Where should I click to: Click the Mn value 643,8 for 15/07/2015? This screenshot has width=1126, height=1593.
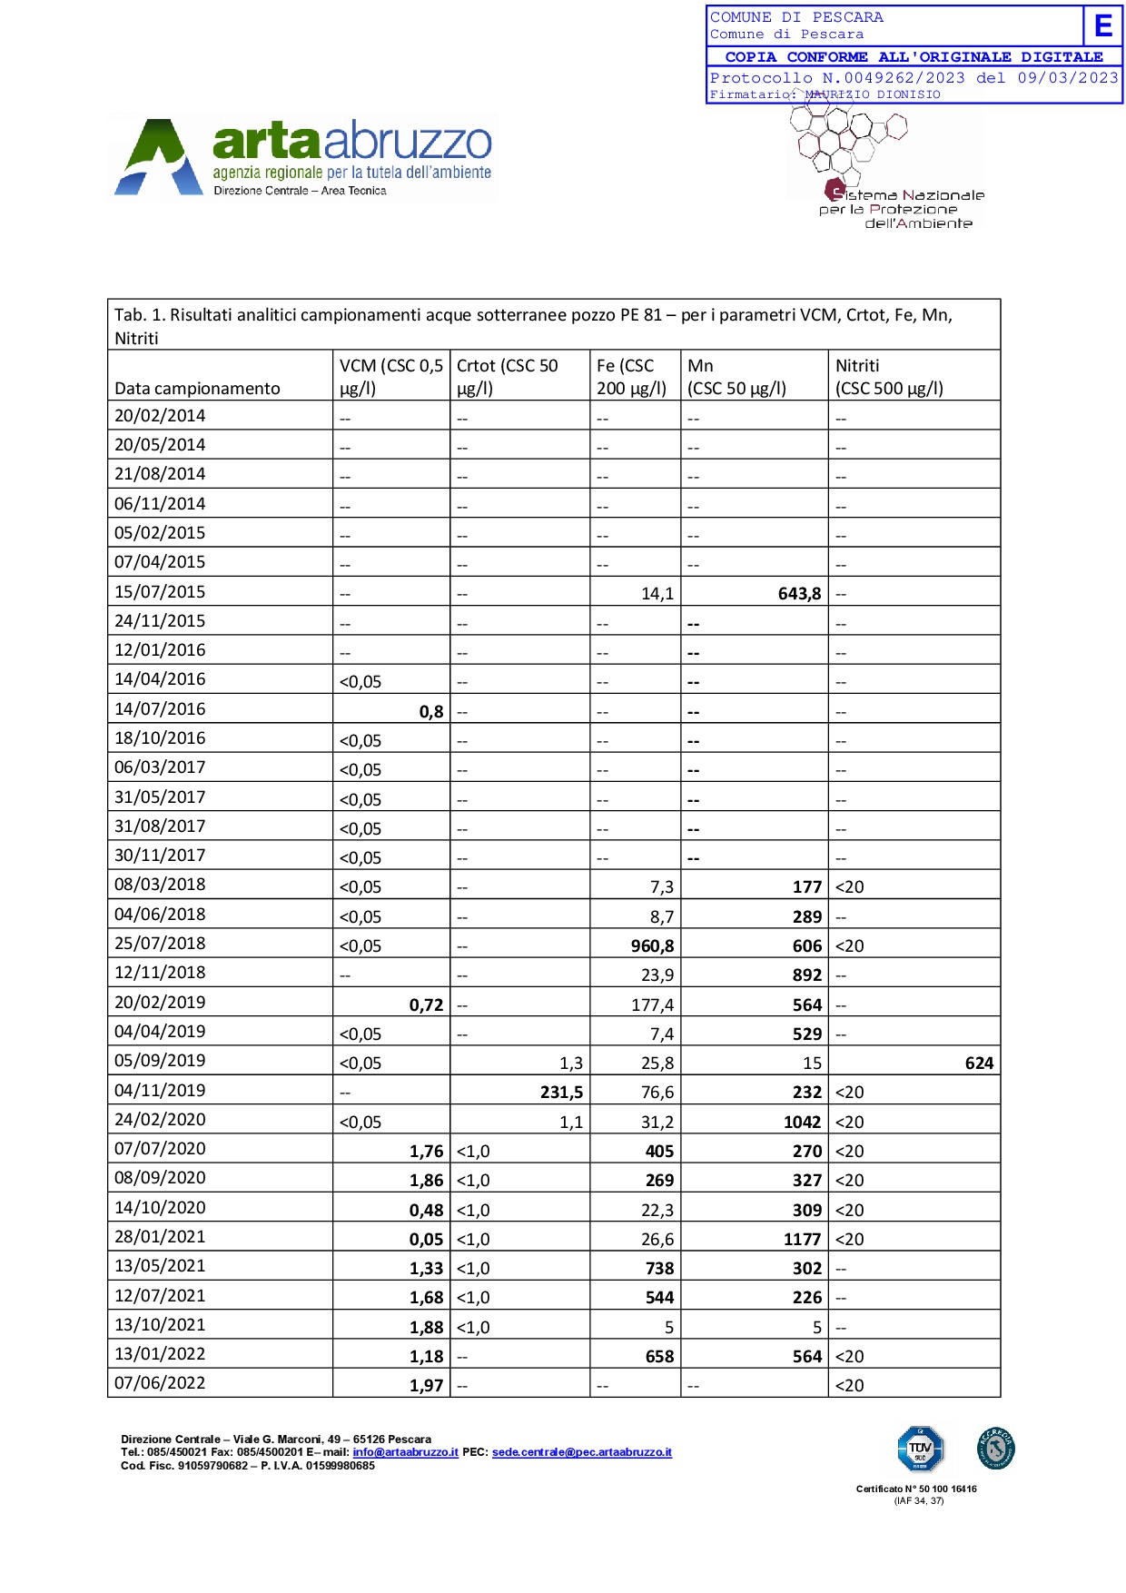pos(799,593)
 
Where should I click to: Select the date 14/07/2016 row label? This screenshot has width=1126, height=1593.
pos(160,709)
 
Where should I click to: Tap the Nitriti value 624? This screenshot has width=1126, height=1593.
pos(978,1063)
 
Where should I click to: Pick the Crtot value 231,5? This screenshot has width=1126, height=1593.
pos(561,1092)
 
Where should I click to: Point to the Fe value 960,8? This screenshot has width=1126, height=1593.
pos(652,945)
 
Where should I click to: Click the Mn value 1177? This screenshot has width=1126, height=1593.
pos(802,1239)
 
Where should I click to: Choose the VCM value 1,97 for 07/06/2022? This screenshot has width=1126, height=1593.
pos(426,1385)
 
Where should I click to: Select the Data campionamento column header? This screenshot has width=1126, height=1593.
pos(197,389)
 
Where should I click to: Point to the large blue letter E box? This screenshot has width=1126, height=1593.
pos(1103,25)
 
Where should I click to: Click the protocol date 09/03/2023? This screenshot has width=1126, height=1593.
pos(1068,78)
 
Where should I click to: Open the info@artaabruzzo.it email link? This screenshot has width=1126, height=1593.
pos(405,1452)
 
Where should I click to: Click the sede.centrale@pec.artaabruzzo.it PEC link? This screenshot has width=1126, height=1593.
pos(581,1452)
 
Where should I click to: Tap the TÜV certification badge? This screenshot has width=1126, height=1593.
pos(920,1449)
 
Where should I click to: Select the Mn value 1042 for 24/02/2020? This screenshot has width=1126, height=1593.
pos(802,1122)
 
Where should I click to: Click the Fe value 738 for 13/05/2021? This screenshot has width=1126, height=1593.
pos(659,1268)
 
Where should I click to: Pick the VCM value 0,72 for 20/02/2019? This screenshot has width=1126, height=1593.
pos(426,1004)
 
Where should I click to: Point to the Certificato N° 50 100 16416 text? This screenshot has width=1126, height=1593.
pos(916,1489)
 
